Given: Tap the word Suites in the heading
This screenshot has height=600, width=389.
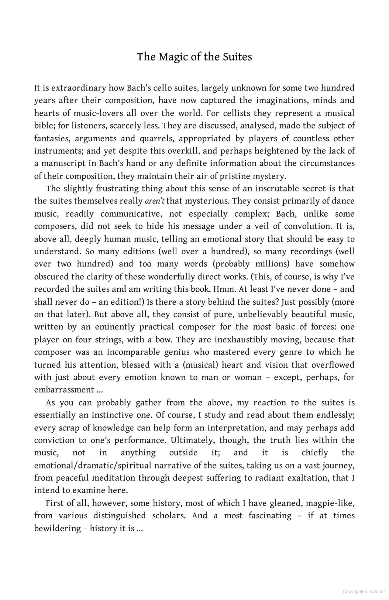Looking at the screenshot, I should coord(237,57).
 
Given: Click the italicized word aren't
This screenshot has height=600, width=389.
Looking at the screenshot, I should coord(155,201).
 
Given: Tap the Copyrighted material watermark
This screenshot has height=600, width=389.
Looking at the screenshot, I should coord(363,591).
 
